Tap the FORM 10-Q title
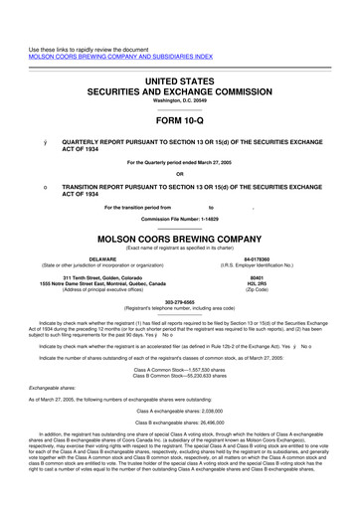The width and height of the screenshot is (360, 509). pyautogui.click(x=180, y=118)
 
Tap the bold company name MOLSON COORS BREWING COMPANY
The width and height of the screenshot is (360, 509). pyautogui.click(x=180, y=240)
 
